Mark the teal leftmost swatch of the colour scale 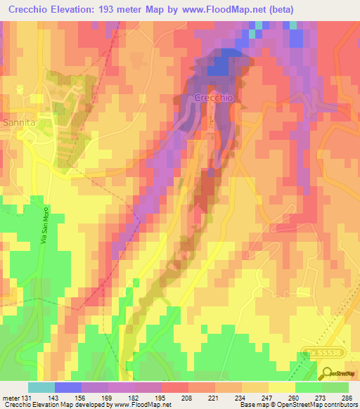[x=41, y=387]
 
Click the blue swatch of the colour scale [x=67, y=387]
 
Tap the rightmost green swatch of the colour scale [x=335, y=387]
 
